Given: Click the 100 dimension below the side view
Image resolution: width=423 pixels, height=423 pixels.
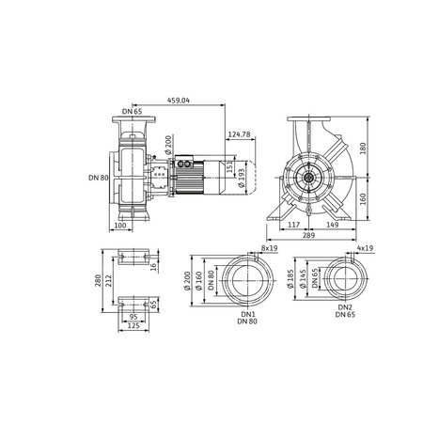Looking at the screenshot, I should point(119,227).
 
